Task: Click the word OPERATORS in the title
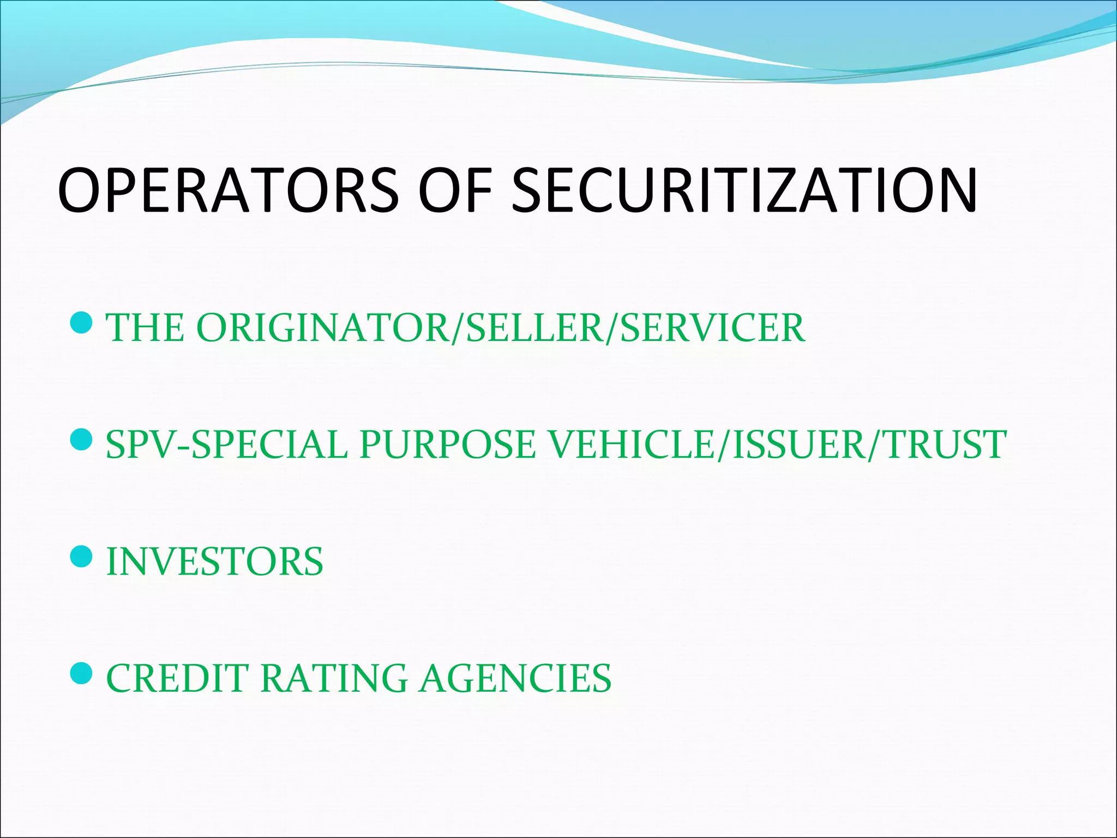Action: tap(229, 189)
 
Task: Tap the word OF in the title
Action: tap(456, 189)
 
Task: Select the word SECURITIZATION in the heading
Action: tap(744, 189)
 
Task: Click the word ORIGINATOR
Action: tap(321, 328)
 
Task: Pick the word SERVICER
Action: tap(712, 328)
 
